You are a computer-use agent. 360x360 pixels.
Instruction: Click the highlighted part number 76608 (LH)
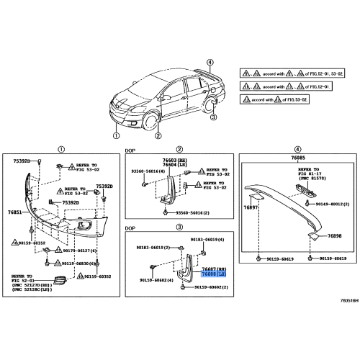[x=213, y=274]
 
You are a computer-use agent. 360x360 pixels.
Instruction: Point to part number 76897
[x=251, y=207]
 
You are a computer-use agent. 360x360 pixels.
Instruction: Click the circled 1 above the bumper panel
[x=61, y=149]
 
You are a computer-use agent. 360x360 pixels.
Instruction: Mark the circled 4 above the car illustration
[x=210, y=63]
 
